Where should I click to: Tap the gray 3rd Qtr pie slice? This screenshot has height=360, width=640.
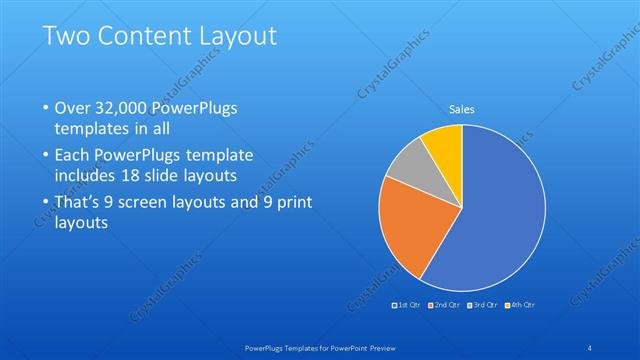coord(408,164)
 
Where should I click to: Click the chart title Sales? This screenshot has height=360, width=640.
coord(461,109)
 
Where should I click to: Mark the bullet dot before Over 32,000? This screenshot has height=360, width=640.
coord(46,107)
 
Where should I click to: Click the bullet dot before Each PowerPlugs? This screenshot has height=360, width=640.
coord(46,155)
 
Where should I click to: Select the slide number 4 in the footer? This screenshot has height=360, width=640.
coord(590,347)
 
